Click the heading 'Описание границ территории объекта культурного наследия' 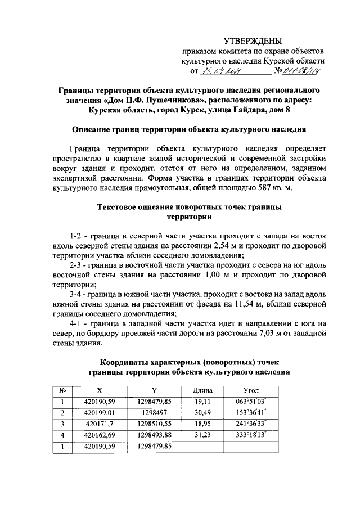189,129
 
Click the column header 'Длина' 202,390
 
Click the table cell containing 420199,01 99,412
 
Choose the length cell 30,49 202,412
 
